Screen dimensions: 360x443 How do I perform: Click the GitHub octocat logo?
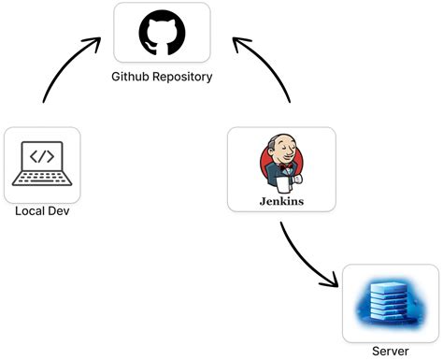(162, 33)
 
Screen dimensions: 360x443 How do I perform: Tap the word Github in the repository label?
(133, 77)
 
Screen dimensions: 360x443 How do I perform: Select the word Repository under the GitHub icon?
(183, 77)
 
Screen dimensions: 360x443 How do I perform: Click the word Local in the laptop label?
(30, 211)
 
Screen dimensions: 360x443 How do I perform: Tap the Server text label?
(390, 351)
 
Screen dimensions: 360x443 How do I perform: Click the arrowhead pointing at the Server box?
(331, 279)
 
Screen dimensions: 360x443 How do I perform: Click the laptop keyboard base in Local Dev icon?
(42, 180)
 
